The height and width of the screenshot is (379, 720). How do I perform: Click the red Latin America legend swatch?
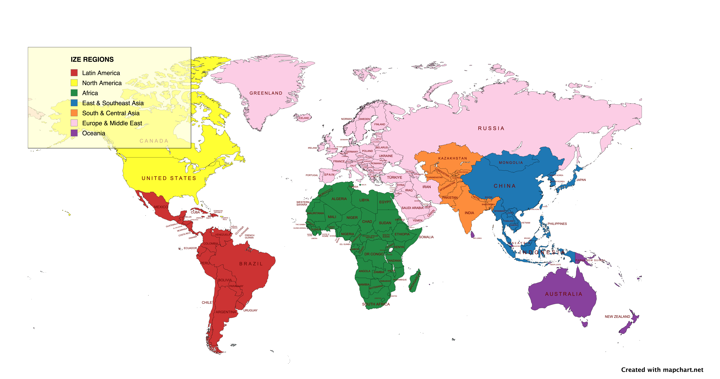[74, 73]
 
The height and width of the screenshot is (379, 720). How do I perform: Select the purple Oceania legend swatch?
[74, 133]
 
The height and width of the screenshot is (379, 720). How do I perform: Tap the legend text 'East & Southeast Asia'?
[113, 103]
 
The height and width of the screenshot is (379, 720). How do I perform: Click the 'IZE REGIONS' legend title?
[92, 59]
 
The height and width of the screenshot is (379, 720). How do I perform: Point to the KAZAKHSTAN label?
[453, 158]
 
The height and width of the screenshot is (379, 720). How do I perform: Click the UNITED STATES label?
[169, 178]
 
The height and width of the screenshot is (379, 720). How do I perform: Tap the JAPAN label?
[581, 180]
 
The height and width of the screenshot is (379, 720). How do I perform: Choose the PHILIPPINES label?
[557, 224]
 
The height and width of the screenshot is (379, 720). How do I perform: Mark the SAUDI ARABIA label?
[412, 208]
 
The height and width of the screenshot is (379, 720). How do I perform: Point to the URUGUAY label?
[250, 310]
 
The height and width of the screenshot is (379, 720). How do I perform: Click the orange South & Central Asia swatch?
[74, 113]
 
